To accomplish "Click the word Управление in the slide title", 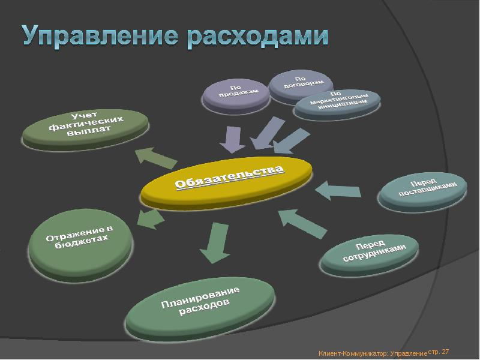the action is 100,37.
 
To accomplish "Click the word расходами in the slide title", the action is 257,37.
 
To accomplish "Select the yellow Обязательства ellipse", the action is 227,183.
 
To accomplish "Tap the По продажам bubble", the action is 236,95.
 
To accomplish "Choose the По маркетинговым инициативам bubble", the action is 337,103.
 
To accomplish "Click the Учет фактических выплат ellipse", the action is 86,128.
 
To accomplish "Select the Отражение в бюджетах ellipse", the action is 81,244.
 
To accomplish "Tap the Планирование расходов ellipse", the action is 200,308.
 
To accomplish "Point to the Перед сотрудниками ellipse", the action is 370,254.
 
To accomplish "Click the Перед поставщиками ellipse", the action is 423,191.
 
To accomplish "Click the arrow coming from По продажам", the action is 233,139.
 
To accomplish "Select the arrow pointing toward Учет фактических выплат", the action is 156,158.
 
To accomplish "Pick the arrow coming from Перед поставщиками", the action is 338,190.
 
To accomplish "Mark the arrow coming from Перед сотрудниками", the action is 303,223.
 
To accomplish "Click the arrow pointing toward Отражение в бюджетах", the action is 151,218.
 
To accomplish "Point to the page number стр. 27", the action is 439,352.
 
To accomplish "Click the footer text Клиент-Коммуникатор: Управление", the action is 373,354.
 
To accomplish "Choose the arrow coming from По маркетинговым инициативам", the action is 291,141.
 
